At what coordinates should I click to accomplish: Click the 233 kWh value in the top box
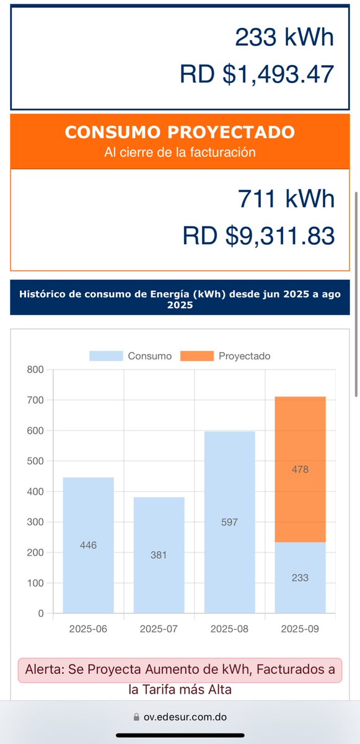click(x=284, y=37)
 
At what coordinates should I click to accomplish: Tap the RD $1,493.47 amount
click(x=257, y=74)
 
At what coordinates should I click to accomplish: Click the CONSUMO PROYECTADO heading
click(x=180, y=132)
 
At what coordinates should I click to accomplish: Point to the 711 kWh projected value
click(x=286, y=199)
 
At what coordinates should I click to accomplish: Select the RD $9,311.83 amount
click(x=258, y=236)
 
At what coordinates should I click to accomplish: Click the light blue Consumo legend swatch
click(x=106, y=356)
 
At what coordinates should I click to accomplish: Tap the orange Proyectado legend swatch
click(x=196, y=356)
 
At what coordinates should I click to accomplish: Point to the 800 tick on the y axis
click(x=36, y=370)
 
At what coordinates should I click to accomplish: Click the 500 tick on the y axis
click(x=36, y=461)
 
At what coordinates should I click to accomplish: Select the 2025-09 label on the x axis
click(x=301, y=629)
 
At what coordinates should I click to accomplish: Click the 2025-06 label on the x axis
click(x=89, y=629)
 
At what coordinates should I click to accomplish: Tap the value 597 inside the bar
click(x=229, y=522)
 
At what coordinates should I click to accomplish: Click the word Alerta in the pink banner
click(x=46, y=670)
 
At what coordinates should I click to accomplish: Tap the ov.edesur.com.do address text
click(x=185, y=717)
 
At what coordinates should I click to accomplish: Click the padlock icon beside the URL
click(x=137, y=717)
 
